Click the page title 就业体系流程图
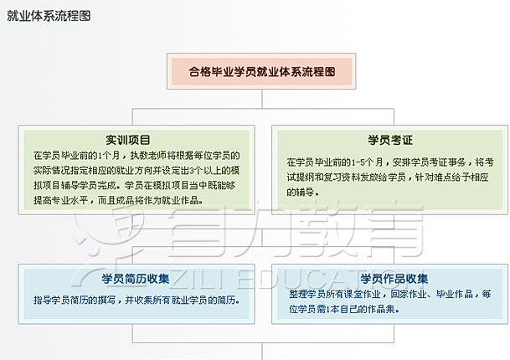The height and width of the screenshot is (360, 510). [49, 16]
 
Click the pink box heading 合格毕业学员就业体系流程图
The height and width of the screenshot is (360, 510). [262, 71]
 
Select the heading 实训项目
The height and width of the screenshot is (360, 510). [128, 140]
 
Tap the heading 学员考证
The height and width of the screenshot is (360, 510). [390, 140]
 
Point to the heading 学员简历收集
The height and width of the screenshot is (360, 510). [136, 279]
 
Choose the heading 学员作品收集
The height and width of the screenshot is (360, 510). [394, 279]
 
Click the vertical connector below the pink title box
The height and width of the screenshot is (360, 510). [262, 99]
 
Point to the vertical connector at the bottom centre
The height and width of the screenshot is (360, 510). [262, 352]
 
